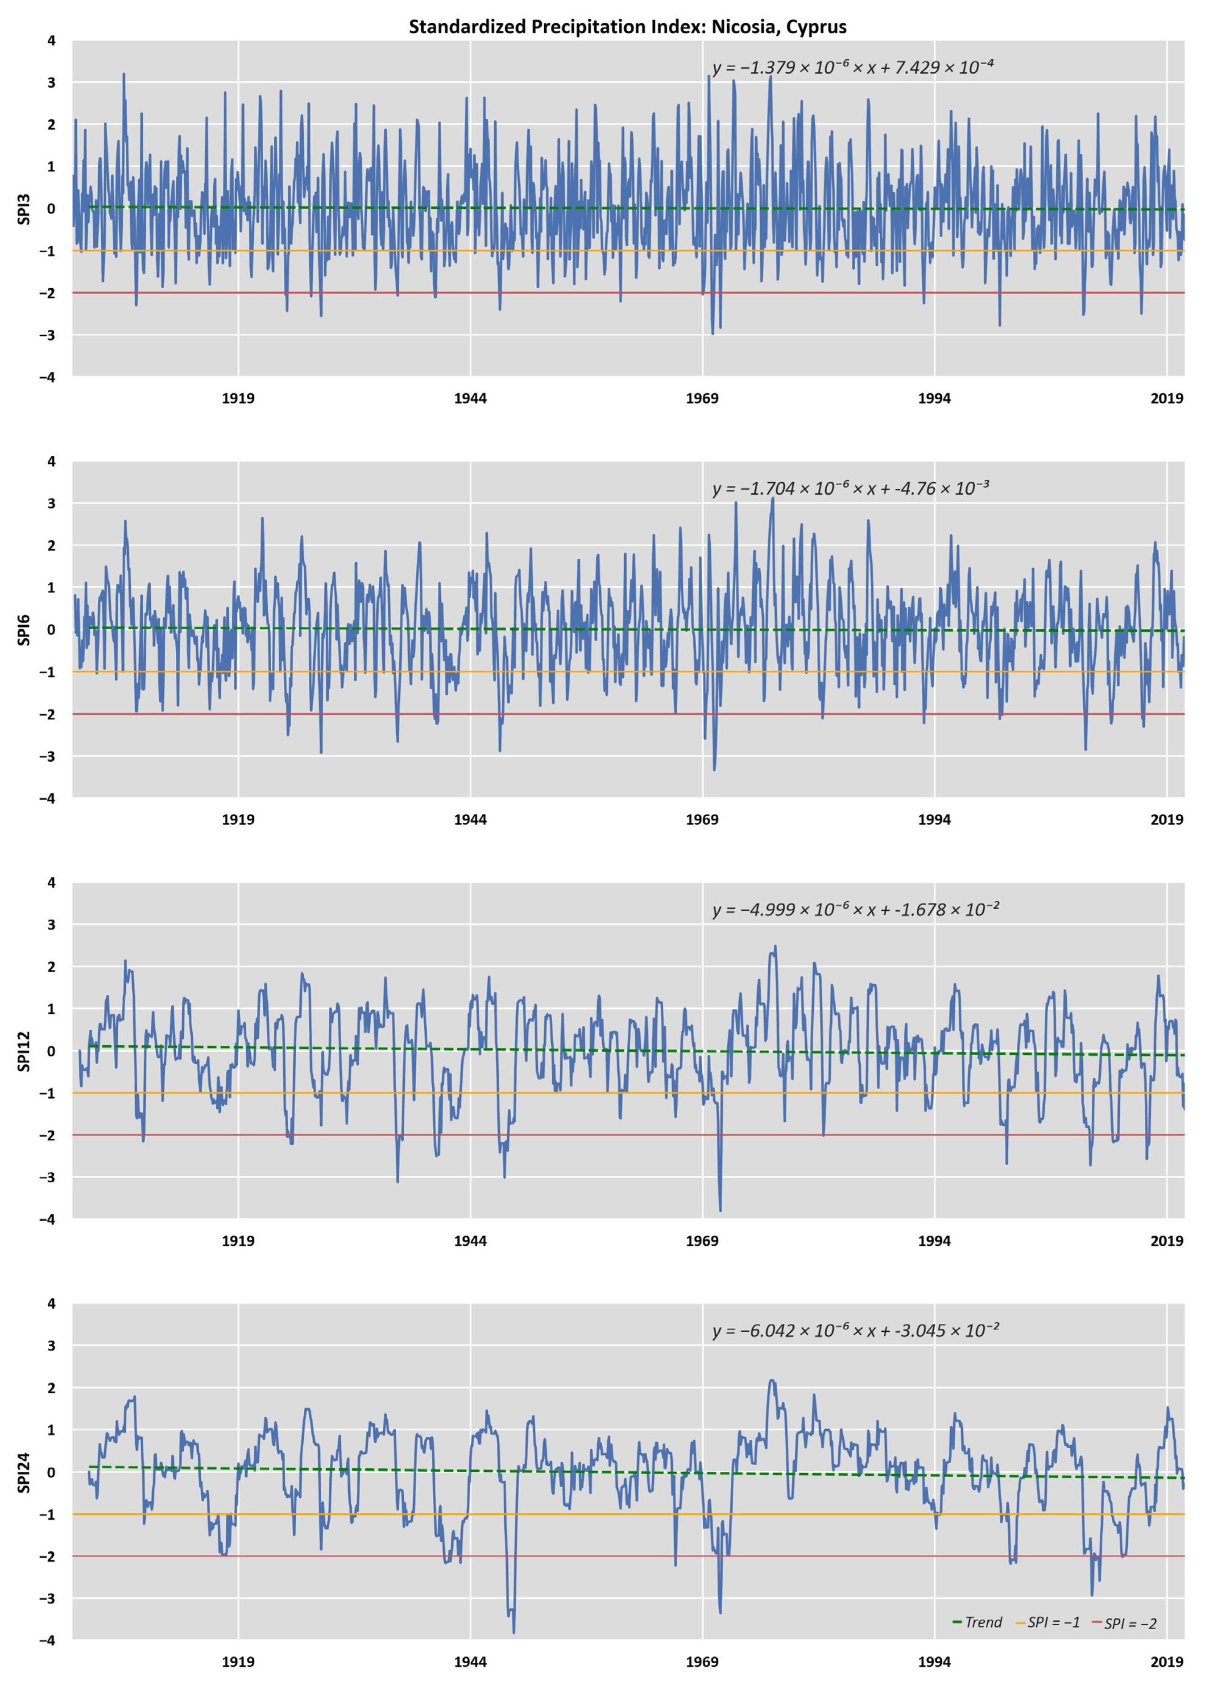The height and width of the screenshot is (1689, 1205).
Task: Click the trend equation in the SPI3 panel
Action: (853, 67)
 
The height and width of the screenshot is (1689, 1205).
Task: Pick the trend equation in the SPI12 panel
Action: (856, 909)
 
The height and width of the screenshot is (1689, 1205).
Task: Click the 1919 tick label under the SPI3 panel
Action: (238, 398)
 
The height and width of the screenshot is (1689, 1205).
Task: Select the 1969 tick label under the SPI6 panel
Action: (702, 820)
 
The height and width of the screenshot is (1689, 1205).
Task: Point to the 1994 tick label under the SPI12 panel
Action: (934, 1241)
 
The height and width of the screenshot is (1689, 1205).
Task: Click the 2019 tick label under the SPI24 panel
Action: (1167, 1662)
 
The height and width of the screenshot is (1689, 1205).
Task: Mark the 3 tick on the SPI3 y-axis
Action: (51, 83)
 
